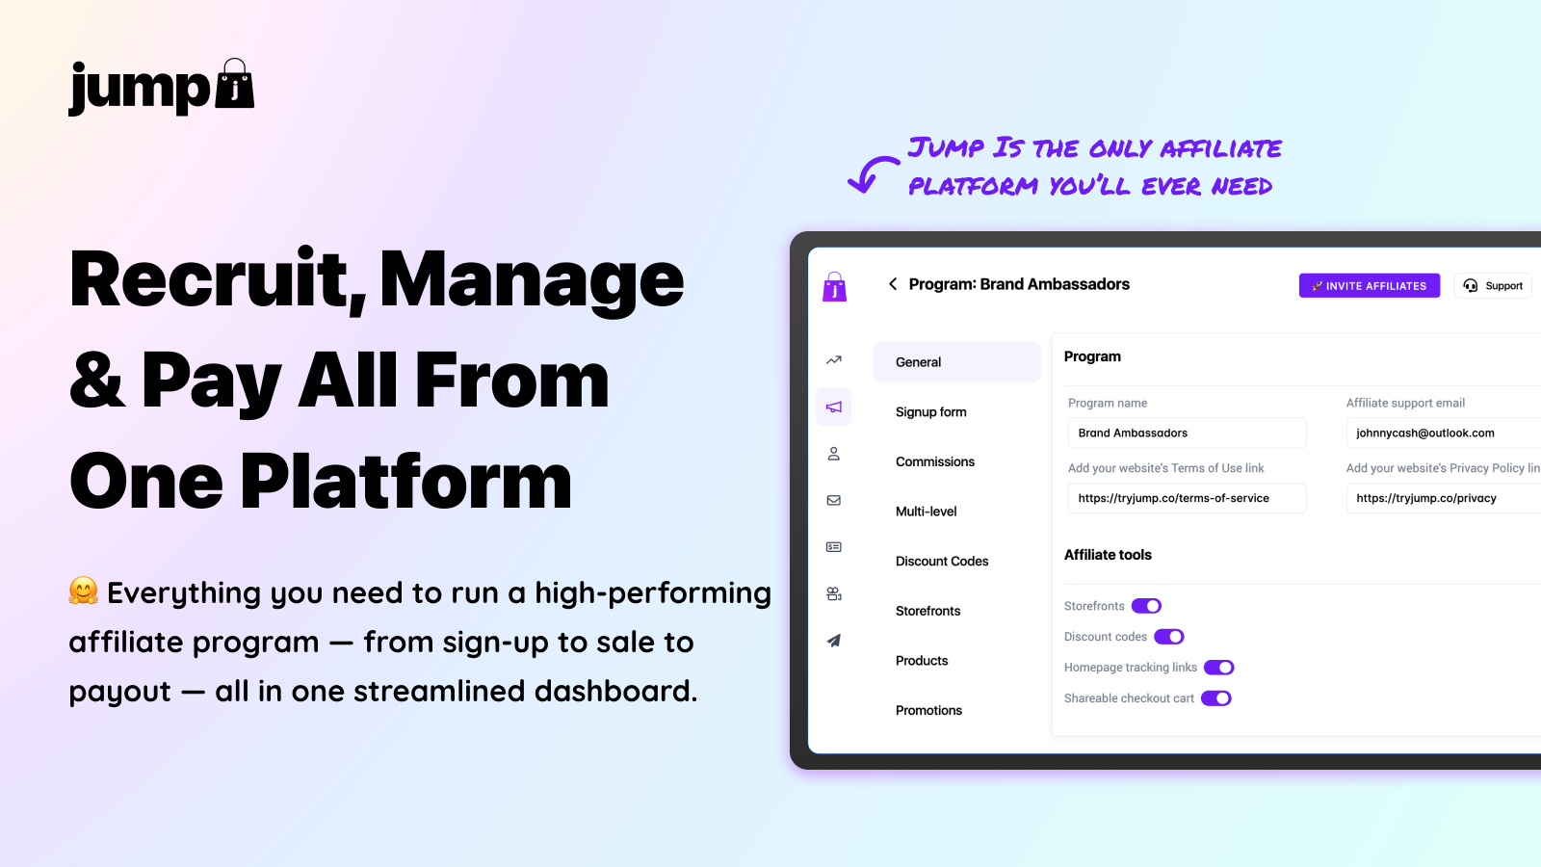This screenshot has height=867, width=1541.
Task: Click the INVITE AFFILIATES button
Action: pos(1369,285)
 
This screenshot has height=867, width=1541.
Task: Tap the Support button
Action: pos(1493,285)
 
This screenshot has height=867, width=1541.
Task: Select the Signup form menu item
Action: pos(930,412)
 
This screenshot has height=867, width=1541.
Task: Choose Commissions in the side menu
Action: pos(935,461)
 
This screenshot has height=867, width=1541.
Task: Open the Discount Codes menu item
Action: pos(942,561)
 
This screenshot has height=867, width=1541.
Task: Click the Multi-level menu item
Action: pos(926,512)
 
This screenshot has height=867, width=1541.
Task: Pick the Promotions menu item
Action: pos(928,710)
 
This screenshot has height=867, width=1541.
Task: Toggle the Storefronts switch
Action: pos(1146,606)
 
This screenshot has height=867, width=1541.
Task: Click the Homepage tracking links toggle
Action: pos(1219,668)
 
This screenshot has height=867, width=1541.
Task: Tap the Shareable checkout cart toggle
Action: pos(1216,697)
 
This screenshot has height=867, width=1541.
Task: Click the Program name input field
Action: pos(1187,433)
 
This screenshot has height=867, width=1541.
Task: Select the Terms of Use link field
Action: pos(1187,498)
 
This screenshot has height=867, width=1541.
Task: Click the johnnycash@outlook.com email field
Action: pos(1444,433)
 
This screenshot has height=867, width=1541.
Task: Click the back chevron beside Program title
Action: pos(892,284)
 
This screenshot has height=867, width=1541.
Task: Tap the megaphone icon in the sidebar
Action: pos(834,407)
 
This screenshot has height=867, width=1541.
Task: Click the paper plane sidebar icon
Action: pos(834,641)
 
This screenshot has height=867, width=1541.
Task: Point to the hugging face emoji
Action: pos(83,591)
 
